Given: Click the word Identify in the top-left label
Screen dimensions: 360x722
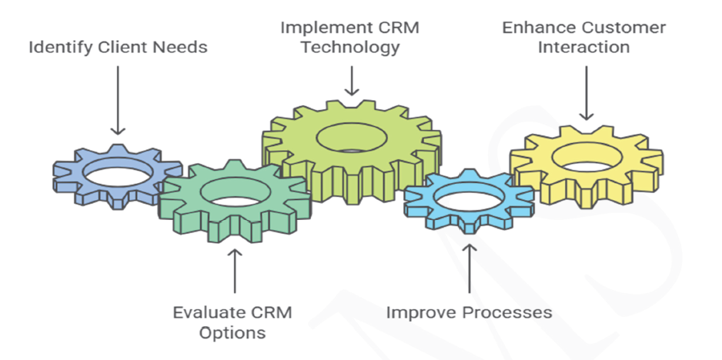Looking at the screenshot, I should pos(56,48).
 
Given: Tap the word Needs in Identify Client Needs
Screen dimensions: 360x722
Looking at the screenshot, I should pos(181,47).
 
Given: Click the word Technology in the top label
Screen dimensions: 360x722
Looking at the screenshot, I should pos(350,47).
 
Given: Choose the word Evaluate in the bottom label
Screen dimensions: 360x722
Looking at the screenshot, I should pos(207,313).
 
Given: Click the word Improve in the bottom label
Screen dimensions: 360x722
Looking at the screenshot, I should pos(416,313).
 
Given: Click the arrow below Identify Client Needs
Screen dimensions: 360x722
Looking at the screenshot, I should pos(118,101).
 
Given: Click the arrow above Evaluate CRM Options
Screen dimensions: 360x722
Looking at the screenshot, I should pos(234,270).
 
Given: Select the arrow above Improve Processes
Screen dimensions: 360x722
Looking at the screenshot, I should pos(468,268).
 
